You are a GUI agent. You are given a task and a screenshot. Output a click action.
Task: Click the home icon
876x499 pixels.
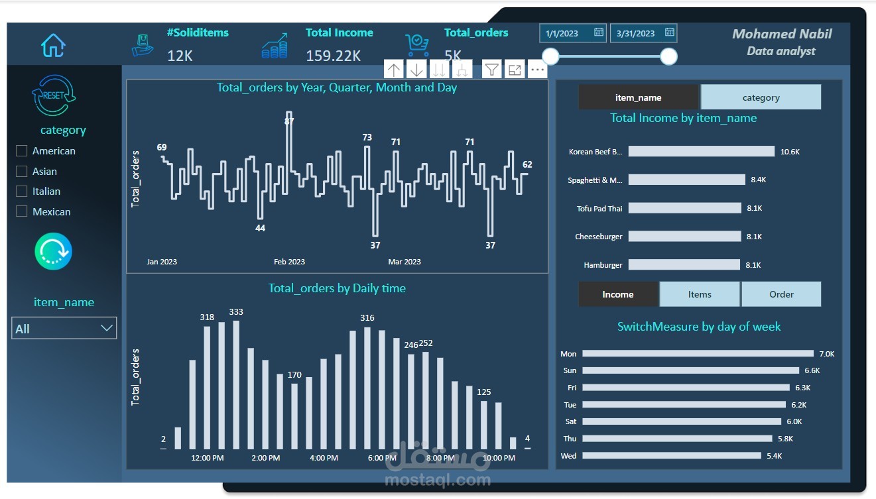click(x=53, y=45)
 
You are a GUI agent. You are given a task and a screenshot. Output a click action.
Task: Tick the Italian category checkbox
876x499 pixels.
click(x=21, y=192)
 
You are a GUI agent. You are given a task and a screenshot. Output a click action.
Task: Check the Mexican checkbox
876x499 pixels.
click(x=21, y=211)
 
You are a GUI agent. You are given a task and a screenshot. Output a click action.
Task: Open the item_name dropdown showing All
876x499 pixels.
click(x=64, y=329)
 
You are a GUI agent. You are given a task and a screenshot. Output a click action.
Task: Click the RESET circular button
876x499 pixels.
click(x=53, y=95)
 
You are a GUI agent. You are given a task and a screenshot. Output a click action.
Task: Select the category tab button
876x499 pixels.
click(x=761, y=97)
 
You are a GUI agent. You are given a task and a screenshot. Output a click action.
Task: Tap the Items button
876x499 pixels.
click(x=700, y=294)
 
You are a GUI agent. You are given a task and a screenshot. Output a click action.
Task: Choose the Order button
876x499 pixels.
click(x=781, y=294)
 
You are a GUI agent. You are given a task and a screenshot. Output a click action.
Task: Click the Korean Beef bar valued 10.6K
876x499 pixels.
click(x=701, y=152)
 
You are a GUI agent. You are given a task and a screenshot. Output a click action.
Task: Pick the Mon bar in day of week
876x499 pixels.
click(x=698, y=354)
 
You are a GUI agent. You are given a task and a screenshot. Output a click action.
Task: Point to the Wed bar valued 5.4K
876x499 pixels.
click(x=671, y=456)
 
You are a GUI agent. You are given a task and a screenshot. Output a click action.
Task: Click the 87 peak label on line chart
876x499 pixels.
click(x=289, y=121)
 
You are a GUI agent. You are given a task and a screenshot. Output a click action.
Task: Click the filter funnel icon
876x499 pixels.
click(x=491, y=69)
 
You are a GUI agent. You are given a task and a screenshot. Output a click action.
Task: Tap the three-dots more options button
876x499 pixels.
click(x=537, y=69)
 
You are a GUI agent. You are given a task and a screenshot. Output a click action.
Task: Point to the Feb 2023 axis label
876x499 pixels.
click(x=289, y=262)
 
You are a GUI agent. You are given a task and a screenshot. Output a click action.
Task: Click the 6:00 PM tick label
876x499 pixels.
click(x=382, y=458)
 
